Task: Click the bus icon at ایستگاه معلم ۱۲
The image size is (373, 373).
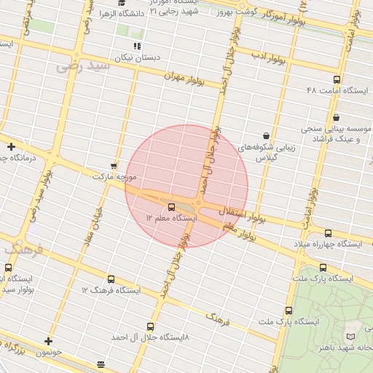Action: click(172, 207)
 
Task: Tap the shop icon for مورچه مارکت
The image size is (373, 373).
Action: click(113, 165)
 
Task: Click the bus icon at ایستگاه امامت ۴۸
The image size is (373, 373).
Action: click(336, 79)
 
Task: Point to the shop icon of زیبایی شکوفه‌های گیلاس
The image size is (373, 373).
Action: click(267, 136)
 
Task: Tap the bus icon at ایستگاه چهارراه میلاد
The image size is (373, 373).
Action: click(328, 233)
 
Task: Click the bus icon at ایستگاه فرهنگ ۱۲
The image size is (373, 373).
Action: click(111, 279)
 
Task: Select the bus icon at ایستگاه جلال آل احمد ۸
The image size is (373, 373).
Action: click(151, 326)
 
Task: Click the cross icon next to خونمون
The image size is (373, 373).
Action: click(48, 341)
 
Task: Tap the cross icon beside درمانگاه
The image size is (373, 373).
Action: click(11, 146)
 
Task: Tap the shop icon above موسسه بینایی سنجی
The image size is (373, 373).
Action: click(336, 117)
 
